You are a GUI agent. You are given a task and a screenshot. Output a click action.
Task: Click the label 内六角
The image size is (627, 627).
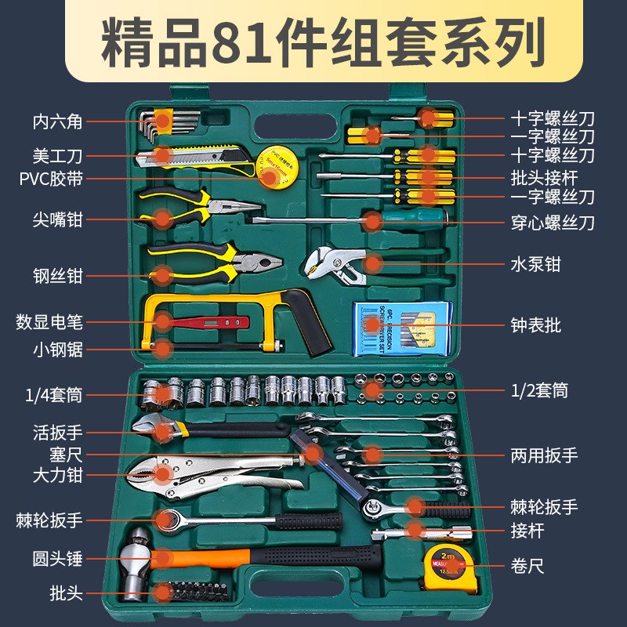pos(57,121)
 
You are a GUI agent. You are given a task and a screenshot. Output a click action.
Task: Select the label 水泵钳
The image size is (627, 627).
pos(536,265)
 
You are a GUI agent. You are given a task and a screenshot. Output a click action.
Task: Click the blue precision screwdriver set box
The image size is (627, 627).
pos(402,324)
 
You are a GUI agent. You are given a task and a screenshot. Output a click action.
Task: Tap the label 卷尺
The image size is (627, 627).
pos(527,565)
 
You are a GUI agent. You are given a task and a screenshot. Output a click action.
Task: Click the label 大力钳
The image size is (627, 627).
pos(57,474)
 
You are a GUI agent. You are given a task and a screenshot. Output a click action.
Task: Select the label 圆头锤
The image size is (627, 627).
pos(57,560)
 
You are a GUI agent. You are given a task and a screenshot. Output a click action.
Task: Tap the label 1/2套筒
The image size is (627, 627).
pos(539,390)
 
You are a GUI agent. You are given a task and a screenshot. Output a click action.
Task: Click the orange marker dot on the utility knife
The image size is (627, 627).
pos(162,156)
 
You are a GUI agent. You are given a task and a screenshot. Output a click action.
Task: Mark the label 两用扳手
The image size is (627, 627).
pos(544,455)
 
